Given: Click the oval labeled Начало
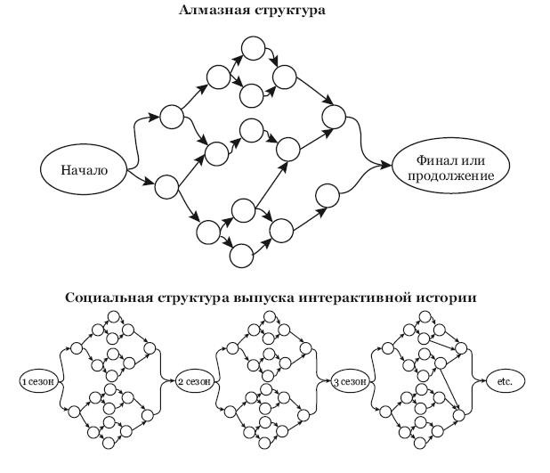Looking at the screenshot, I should click(x=85, y=170).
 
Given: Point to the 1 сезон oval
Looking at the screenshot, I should click(x=38, y=381).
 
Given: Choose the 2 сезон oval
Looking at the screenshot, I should click(x=194, y=381).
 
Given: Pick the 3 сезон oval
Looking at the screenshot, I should click(x=350, y=381).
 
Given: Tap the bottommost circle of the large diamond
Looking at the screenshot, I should click(x=241, y=256).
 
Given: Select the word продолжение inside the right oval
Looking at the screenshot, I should click(x=450, y=176).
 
